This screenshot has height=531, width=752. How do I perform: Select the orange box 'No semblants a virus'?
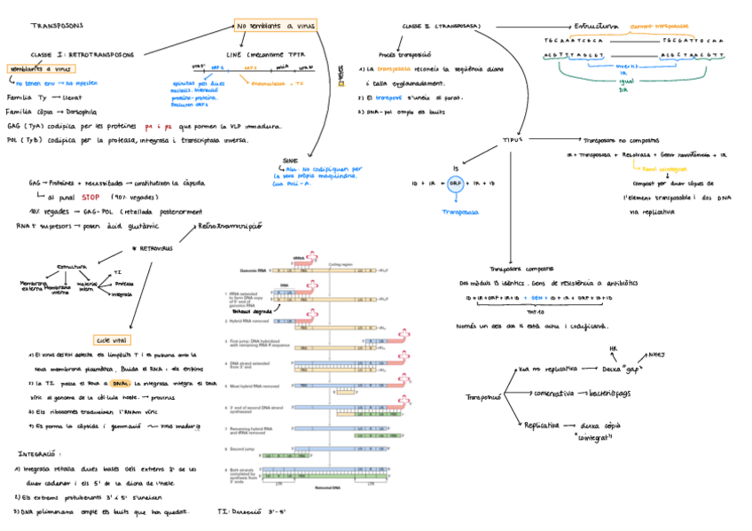[275, 26]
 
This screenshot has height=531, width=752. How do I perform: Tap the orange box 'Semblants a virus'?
[41, 68]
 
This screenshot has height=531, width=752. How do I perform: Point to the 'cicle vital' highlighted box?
[113, 339]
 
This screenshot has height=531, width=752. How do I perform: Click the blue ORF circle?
[455, 183]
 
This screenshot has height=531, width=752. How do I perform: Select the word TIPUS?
[513, 140]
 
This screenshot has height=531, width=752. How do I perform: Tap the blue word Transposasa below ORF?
[461, 213]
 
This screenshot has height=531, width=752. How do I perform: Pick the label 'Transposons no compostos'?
[627, 139]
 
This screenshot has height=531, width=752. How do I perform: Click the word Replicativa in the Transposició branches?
[541, 425]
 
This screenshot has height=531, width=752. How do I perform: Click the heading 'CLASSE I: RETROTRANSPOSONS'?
[82, 54]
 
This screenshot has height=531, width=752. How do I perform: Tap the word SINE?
[289, 160]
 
